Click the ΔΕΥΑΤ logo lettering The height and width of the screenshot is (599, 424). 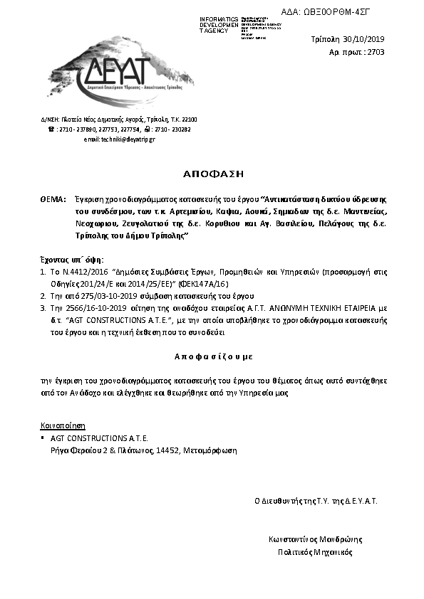[x=115, y=74]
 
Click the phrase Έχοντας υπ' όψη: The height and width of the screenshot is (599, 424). [x=71, y=260]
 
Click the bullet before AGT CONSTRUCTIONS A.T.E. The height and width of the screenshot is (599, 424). [x=43, y=438]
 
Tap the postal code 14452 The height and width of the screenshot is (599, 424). [x=167, y=450]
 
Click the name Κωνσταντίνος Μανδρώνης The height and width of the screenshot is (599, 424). [x=316, y=539]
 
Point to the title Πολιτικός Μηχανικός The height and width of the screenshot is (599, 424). [x=315, y=551]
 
